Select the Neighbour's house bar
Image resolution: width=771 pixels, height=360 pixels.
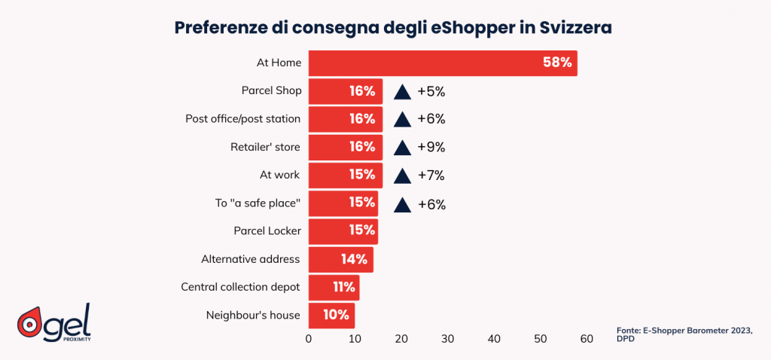pyautogui.click(x=331, y=316)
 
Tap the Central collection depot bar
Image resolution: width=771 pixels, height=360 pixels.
pyautogui.click(x=334, y=288)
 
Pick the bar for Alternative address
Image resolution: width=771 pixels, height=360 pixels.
pyautogui.click(x=340, y=260)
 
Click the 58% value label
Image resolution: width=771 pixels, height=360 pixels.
pyautogui.click(x=557, y=63)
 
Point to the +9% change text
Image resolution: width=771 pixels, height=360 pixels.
pyautogui.click(x=431, y=147)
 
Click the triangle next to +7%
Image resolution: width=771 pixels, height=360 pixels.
pyautogui.click(x=402, y=175)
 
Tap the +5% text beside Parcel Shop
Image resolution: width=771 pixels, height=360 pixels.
pyautogui.click(x=431, y=91)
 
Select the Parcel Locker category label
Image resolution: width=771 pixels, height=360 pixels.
pyautogui.click(x=267, y=231)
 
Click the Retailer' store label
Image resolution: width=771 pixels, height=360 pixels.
pyautogui.click(x=265, y=147)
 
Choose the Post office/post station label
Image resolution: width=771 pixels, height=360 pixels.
pyautogui.click(x=243, y=119)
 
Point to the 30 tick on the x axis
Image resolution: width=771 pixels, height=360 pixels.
pyautogui.click(x=447, y=339)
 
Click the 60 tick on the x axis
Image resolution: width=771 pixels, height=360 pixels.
pyautogui.click(x=587, y=339)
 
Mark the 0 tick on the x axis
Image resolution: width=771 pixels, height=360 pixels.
pyautogui.click(x=309, y=339)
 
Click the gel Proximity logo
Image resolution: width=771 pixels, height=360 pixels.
pyautogui.click(x=53, y=323)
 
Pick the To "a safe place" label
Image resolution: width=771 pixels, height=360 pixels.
pyautogui.click(x=258, y=203)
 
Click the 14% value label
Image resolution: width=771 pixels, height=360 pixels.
pyautogui.click(x=354, y=260)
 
